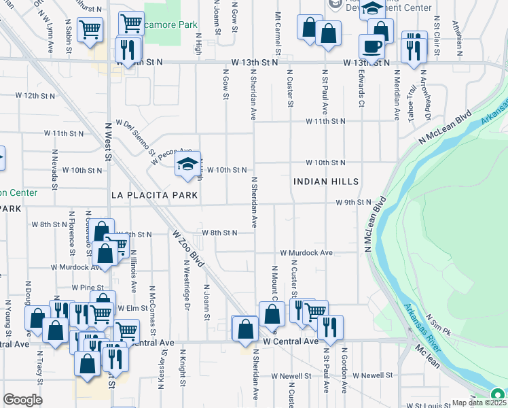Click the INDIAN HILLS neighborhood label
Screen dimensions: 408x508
326,182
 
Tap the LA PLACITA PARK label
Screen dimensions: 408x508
154,195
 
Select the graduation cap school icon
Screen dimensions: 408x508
187,164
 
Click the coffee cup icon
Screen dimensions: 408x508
371,46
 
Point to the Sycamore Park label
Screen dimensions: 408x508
170,24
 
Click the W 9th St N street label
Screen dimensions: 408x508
353,203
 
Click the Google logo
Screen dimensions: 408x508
22,400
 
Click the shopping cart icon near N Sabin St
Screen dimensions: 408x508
89,29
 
